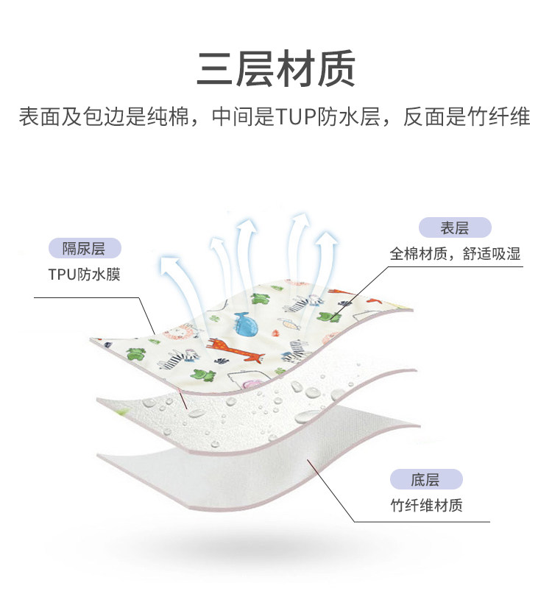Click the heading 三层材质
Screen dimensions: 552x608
point(275,68)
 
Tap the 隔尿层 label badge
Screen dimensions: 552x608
point(84,249)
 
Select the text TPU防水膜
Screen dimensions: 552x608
point(84,275)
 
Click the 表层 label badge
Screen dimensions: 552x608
point(454,228)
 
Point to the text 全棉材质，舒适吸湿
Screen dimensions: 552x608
point(454,255)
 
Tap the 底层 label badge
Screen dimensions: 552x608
point(425,480)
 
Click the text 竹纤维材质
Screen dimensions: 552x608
point(425,506)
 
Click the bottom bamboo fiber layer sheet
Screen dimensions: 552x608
point(221,471)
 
